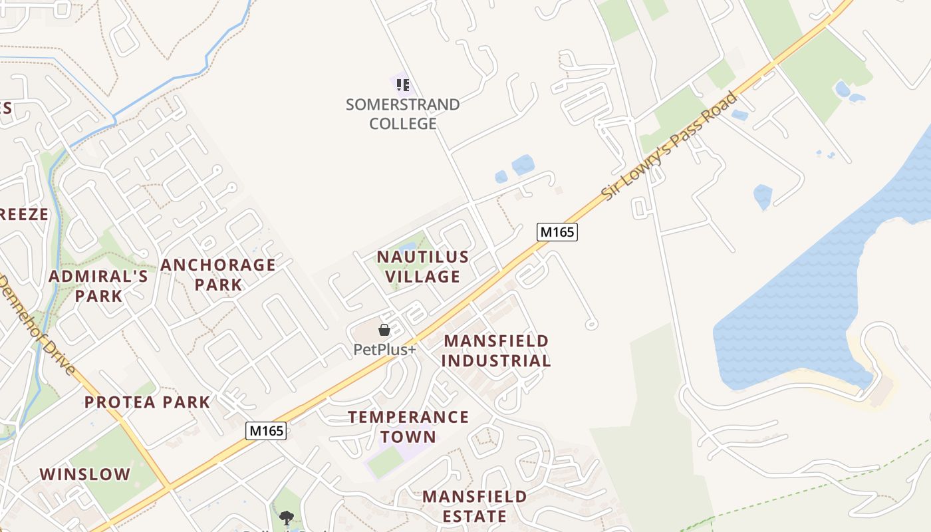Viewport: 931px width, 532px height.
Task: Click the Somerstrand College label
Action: (402, 114)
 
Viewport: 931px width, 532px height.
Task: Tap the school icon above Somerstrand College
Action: (402, 84)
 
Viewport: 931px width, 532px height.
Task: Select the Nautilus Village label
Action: (423, 266)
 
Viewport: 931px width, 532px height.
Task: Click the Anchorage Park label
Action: (218, 274)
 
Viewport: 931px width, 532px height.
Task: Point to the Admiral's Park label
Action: (98, 286)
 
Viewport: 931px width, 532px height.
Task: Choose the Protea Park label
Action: (147, 402)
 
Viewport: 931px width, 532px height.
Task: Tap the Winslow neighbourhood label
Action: (85, 475)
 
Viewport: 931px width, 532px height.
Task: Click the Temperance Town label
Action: (408, 427)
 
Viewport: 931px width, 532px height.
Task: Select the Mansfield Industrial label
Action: (496, 350)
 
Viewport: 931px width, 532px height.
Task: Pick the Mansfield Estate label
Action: (474, 506)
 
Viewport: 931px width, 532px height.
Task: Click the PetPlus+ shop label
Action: (384, 349)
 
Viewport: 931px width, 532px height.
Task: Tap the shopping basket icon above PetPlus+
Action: (384, 330)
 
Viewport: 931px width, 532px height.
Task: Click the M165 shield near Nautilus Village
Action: (557, 232)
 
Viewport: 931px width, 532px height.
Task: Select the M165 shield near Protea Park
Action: (266, 431)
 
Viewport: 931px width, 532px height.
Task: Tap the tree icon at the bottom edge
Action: (287, 517)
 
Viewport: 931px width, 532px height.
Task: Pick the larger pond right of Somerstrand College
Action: (523, 164)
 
